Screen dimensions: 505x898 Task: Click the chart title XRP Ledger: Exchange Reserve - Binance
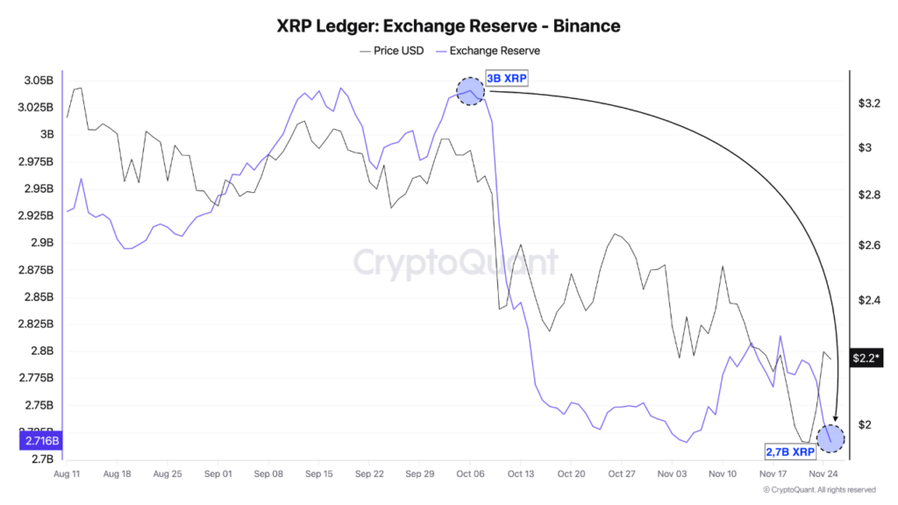coord(449,25)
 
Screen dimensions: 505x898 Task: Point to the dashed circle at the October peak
coord(471,90)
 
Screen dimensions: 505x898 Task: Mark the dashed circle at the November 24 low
coord(830,437)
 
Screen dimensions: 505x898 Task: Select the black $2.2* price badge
coord(866,358)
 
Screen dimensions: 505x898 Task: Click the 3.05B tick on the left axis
coord(37,81)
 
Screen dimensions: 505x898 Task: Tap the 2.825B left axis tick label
coord(37,324)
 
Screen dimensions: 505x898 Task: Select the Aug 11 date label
coord(67,473)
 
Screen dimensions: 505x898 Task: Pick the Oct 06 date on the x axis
coord(470,473)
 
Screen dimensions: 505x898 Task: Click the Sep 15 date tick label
coord(319,473)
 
